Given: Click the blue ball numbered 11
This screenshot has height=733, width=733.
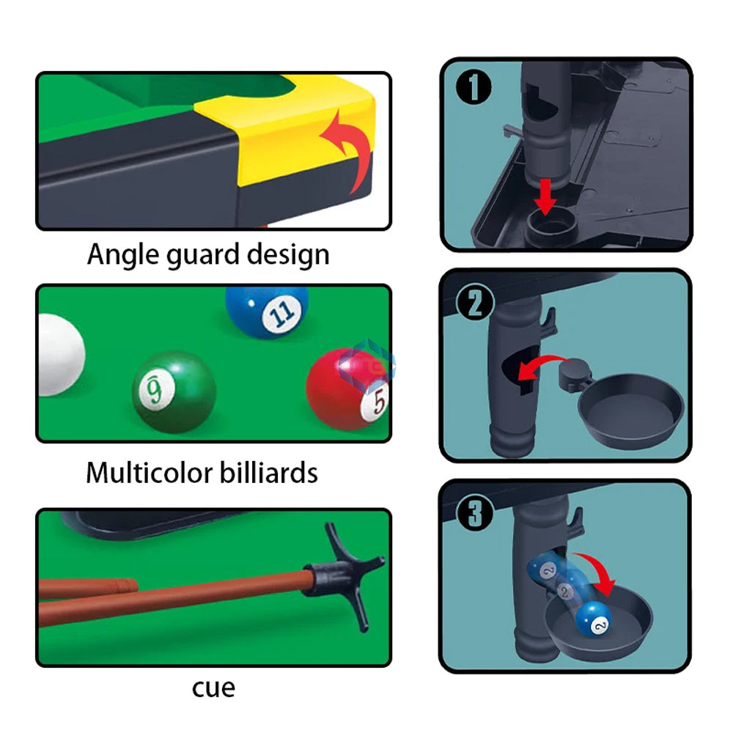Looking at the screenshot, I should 267,311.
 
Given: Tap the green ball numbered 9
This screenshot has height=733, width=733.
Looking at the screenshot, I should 174,391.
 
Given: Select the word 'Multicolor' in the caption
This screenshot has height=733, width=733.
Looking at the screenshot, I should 141,473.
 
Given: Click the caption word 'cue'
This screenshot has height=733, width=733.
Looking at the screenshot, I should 213,688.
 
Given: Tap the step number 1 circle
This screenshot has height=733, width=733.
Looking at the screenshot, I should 474,89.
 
